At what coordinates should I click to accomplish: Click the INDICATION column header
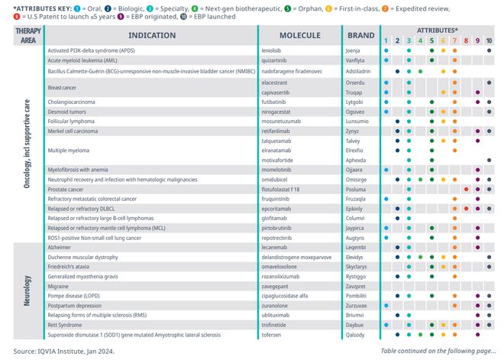pyautogui.click(x=151, y=35)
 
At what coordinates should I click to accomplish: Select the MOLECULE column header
pyautogui.click(x=299, y=35)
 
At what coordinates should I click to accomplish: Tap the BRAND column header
pyautogui.click(x=360, y=35)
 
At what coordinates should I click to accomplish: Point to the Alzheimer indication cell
pyautogui.click(x=61, y=248)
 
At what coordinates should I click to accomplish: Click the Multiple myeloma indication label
pyautogui.click(x=69, y=151)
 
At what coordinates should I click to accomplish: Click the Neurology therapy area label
pyautogui.click(x=27, y=290)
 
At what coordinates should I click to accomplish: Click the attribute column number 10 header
pyautogui.click(x=489, y=41)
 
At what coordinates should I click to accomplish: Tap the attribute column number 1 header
pyautogui.click(x=386, y=41)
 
